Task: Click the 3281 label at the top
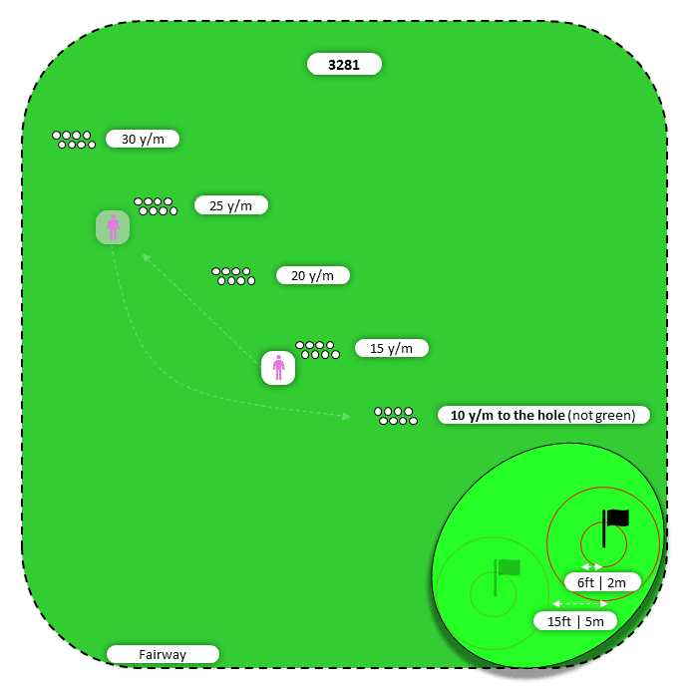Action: (344, 65)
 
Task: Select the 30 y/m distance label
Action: (143, 140)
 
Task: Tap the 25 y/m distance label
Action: (230, 205)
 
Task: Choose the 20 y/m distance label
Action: (313, 275)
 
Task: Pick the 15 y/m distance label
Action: (391, 348)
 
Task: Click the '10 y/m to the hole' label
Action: (543, 415)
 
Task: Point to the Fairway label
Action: (163, 654)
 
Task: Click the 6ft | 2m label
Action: (601, 581)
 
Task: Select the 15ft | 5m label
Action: (574, 620)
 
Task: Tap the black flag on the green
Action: (616, 519)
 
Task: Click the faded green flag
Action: (508, 568)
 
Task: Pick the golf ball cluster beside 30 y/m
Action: (74, 140)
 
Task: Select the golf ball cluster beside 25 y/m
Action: (156, 206)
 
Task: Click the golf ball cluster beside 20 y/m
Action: (233, 276)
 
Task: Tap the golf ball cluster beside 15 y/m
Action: (317, 349)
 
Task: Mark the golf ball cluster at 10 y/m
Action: (396, 416)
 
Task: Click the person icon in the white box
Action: (278, 368)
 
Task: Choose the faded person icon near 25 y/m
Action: (113, 227)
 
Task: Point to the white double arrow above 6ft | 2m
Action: (592, 566)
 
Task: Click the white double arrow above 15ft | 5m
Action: (580, 603)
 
